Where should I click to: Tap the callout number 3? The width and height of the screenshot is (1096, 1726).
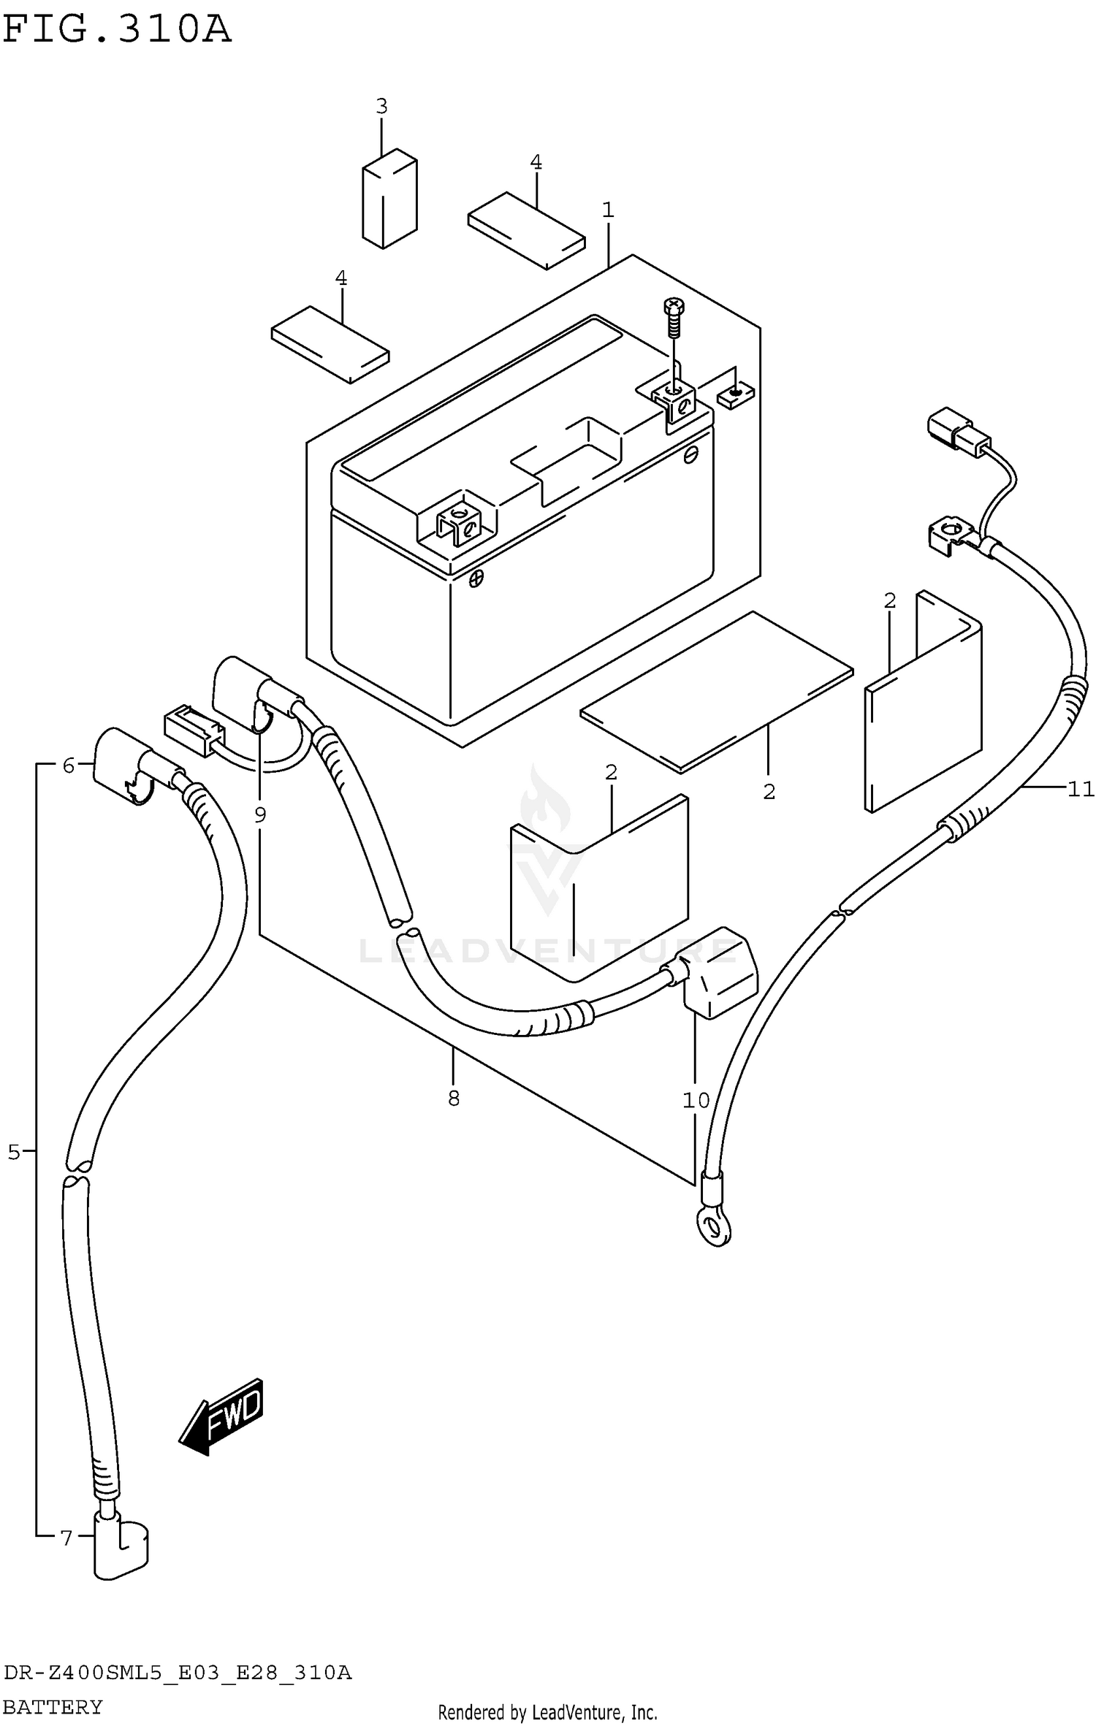(381, 107)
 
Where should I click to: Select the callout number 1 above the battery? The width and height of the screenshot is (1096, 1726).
(608, 210)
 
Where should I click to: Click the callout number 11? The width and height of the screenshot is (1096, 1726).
(1081, 789)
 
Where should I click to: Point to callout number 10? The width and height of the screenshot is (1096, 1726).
(696, 1100)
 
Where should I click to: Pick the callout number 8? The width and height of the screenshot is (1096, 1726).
(454, 1098)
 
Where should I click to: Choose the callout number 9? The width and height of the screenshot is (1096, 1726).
(260, 814)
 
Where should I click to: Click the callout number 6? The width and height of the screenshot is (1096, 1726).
(69, 765)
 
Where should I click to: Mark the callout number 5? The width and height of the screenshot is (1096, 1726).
(14, 1153)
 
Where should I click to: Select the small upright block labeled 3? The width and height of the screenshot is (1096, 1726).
(389, 199)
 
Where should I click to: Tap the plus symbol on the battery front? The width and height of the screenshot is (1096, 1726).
(476, 578)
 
